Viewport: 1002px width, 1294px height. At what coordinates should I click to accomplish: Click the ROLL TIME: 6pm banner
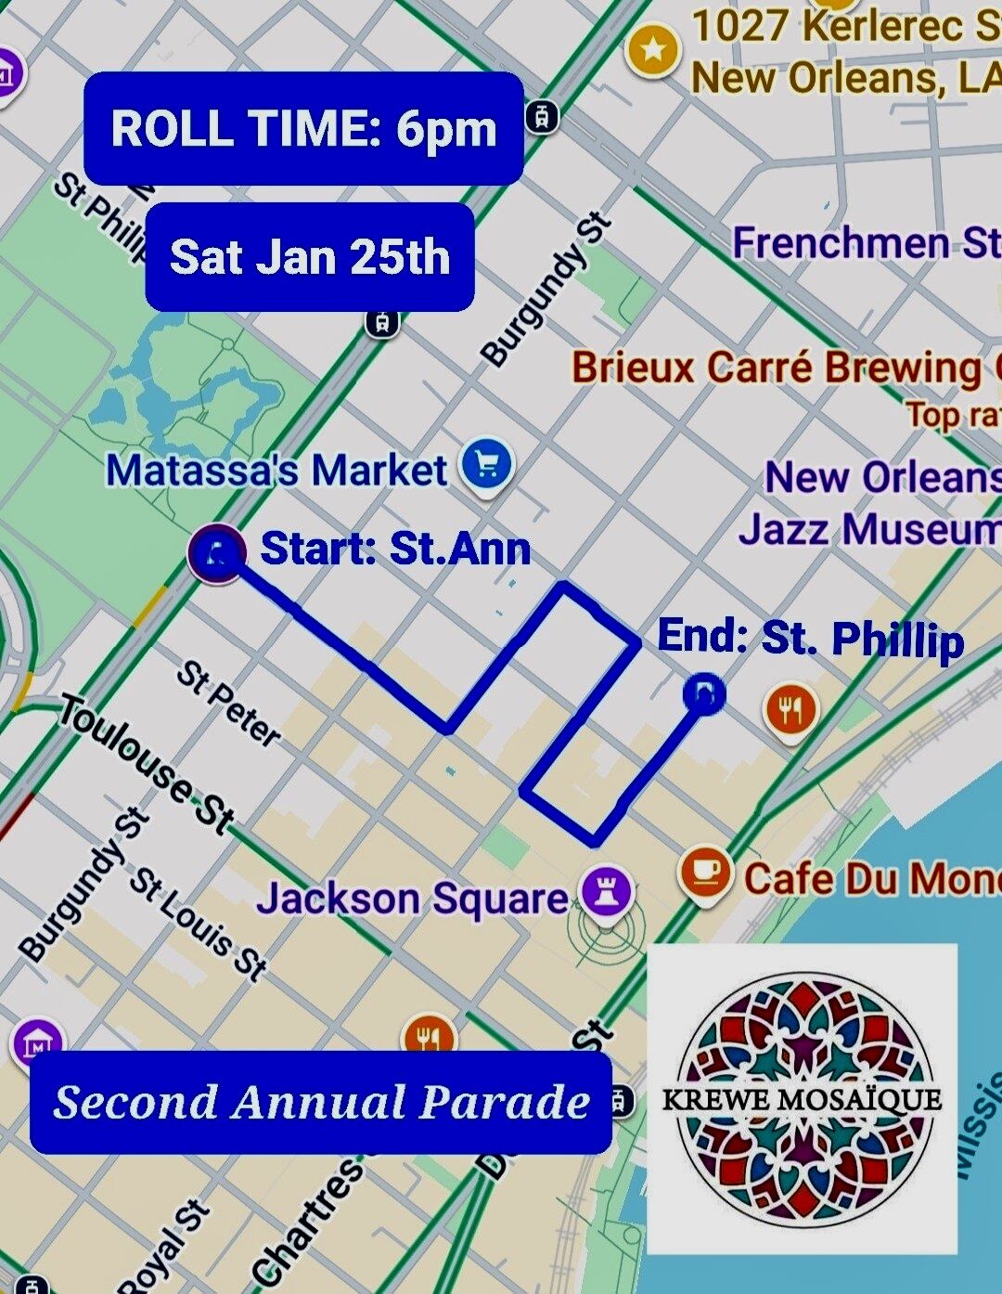(x=303, y=128)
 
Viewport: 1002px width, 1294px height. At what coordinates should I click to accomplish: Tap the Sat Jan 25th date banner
(x=309, y=257)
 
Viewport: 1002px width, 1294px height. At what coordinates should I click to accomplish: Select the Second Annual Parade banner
(x=321, y=1102)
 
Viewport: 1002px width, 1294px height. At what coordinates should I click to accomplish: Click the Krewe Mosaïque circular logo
(x=802, y=1099)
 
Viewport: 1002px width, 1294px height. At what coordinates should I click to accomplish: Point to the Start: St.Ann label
(x=395, y=549)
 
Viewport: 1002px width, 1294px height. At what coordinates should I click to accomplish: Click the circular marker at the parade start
(x=217, y=554)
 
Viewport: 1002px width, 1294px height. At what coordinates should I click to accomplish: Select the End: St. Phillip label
(x=811, y=639)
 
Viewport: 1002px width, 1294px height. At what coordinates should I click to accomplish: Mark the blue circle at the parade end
(x=703, y=693)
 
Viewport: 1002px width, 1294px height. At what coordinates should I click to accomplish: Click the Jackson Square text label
(x=412, y=899)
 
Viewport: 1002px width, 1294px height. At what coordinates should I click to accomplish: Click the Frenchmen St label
(x=866, y=243)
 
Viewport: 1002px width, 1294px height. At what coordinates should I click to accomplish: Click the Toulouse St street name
(x=148, y=764)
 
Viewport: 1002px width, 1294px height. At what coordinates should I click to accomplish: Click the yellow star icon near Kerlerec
(x=653, y=50)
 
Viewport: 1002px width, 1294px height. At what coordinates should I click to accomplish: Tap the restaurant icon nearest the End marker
(x=790, y=710)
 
